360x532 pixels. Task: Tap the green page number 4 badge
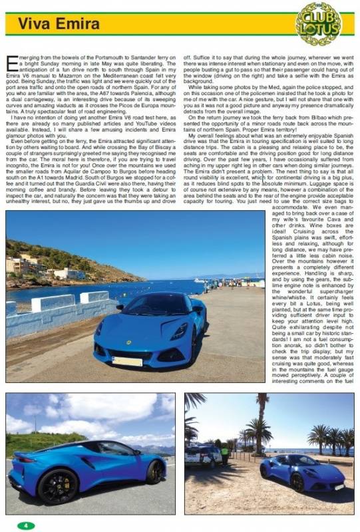(x=26, y=525)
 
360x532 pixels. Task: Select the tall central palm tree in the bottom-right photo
(x=262, y=419)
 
